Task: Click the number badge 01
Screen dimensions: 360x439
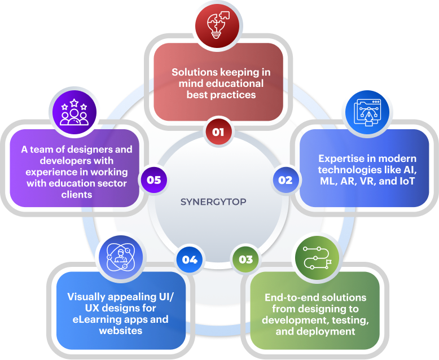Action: (x=219, y=132)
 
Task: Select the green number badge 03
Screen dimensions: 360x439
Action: (x=245, y=260)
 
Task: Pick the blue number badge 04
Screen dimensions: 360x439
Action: (x=190, y=260)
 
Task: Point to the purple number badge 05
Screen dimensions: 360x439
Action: (x=153, y=180)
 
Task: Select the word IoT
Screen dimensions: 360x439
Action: (x=406, y=181)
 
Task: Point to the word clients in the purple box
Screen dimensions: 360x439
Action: (x=74, y=194)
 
